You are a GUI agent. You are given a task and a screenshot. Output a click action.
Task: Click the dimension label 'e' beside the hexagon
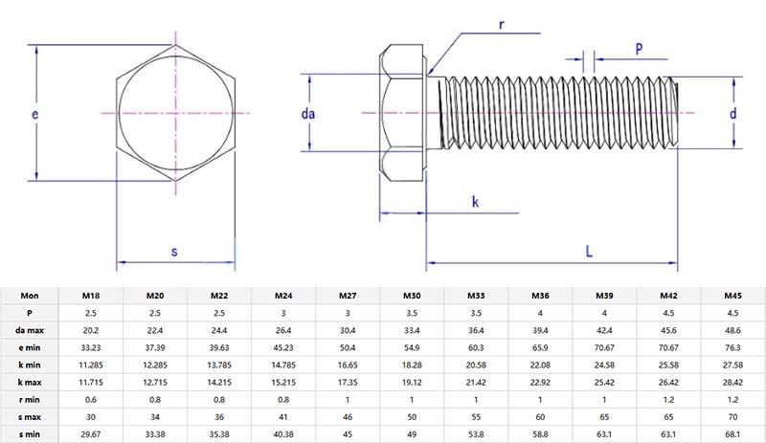click(34, 115)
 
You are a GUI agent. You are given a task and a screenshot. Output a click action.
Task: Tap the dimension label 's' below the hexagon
click(174, 253)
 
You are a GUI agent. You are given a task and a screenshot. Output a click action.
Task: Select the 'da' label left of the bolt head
click(308, 114)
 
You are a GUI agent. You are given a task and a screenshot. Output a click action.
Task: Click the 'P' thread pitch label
click(639, 48)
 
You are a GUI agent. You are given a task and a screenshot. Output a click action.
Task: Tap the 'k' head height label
click(475, 201)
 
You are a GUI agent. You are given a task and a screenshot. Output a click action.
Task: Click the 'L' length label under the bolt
click(589, 253)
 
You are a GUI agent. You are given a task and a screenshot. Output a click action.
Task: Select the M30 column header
click(411, 295)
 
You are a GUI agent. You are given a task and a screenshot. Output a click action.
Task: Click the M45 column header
click(732, 295)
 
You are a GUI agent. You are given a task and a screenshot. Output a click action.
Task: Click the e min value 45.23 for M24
click(282, 347)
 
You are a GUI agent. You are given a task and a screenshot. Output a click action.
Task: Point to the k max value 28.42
click(732, 383)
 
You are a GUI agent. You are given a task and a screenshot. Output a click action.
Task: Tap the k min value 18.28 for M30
click(411, 365)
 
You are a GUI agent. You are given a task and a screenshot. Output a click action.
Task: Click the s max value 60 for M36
click(539, 417)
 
